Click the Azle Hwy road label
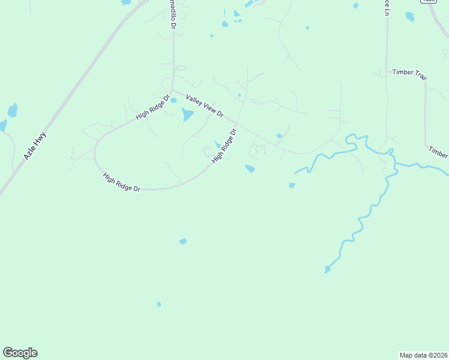tap(35, 146)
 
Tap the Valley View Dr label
tap(205, 106)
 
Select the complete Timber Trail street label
tap(411, 72)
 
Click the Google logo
tap(20, 353)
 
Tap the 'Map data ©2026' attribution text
tap(423, 355)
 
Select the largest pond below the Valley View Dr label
tap(188, 115)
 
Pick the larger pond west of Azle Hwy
tap(12, 110)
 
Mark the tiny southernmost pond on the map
tap(159, 304)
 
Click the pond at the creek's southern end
tap(327, 269)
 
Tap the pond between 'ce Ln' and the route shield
tap(410, 16)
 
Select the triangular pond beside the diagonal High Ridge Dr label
tap(217, 144)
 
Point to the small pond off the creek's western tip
tap(292, 185)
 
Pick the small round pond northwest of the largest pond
tap(173, 100)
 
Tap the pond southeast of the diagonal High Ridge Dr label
tap(250, 169)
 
